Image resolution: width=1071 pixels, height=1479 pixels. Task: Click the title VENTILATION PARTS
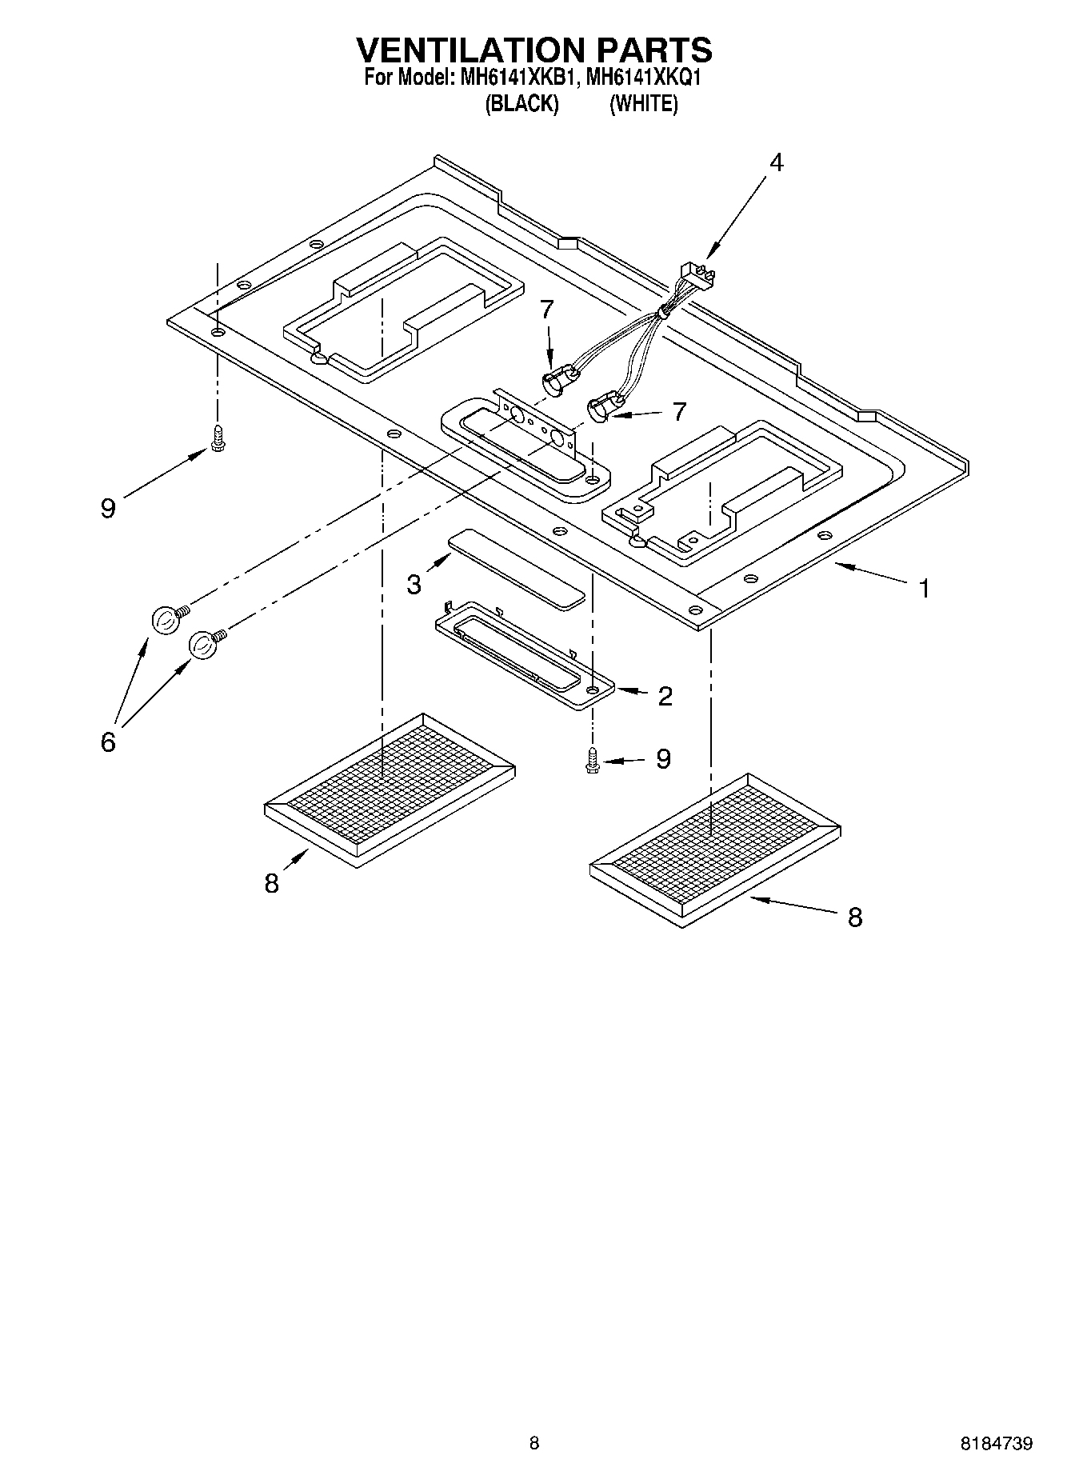[x=534, y=50]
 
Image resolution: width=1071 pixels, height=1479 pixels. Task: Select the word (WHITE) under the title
[x=643, y=104]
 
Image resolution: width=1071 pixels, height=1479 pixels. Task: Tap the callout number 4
[x=776, y=162]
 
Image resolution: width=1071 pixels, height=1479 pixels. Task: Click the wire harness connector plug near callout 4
[x=694, y=277]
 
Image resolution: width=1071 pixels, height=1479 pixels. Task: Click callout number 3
[x=414, y=585]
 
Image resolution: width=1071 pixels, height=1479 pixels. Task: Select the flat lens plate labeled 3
[x=517, y=568]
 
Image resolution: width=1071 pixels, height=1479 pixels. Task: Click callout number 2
[x=665, y=696]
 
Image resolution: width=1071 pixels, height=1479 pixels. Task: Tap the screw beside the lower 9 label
[x=592, y=760]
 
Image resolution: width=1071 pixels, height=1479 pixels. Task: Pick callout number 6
[x=108, y=742]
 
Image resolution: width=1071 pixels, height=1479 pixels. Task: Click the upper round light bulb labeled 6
[x=164, y=620]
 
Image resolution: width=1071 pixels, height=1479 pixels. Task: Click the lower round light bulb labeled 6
[x=203, y=644]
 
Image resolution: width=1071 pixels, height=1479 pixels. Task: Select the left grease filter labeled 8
[x=390, y=788]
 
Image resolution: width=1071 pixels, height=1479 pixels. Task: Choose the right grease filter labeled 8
[x=714, y=849]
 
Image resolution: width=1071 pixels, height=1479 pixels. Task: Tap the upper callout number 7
[x=546, y=309]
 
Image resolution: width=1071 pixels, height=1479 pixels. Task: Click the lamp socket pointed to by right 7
[x=603, y=410]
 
